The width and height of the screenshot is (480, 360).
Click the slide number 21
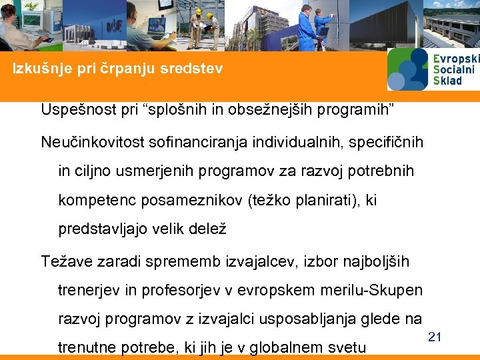point(434,337)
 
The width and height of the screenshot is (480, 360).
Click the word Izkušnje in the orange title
point(41,69)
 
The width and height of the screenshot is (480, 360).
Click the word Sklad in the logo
point(447,81)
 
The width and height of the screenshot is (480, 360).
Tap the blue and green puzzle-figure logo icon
point(408,69)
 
